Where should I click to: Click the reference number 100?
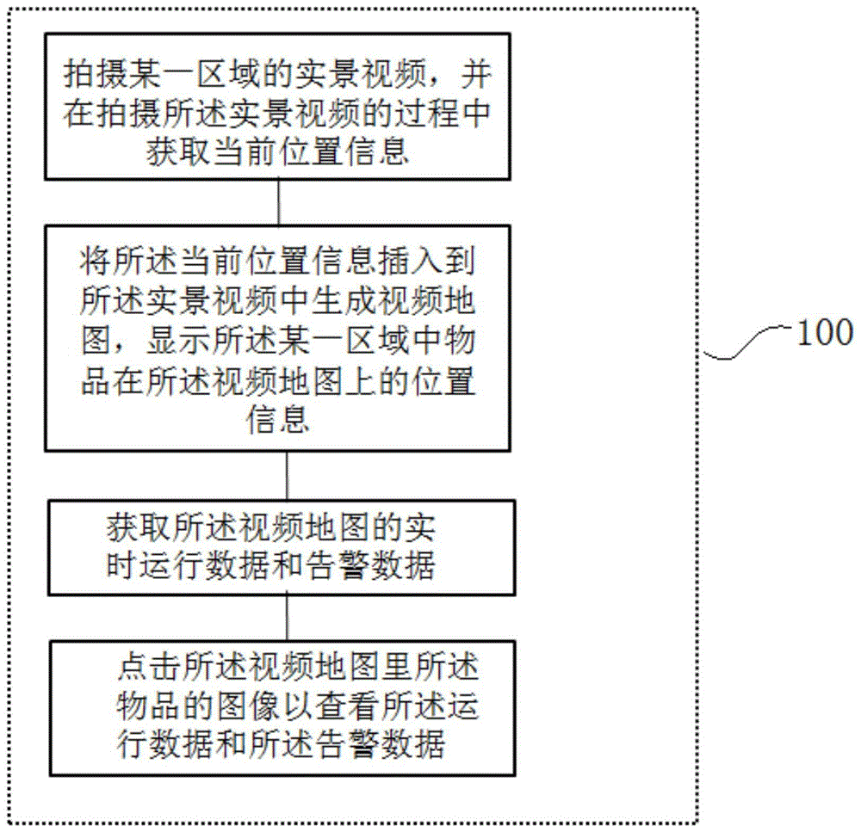pos(824,332)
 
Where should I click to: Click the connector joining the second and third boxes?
pos(286,473)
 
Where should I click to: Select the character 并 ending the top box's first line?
pos(474,77)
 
